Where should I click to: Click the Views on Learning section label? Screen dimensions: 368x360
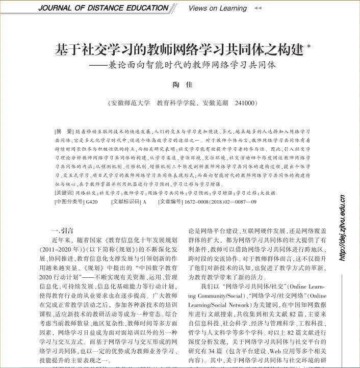click(x=217, y=8)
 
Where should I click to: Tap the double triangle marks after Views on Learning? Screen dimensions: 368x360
click(x=258, y=8)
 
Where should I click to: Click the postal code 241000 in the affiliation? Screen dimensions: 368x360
click(x=244, y=102)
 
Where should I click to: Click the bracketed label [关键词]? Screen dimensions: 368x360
click(x=64, y=193)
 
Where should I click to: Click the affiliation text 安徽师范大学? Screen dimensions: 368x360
click(x=130, y=102)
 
